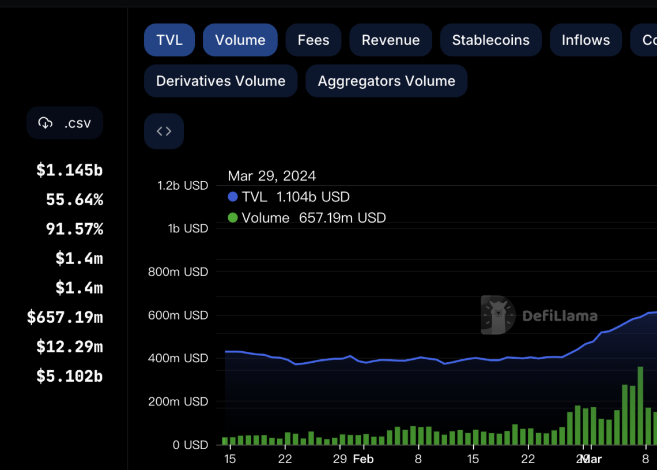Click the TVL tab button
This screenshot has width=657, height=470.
(169, 40)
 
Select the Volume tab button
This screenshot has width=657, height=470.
(240, 40)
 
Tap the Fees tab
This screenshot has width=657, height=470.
(314, 40)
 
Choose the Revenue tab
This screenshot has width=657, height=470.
(391, 40)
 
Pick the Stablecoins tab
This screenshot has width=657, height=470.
(490, 40)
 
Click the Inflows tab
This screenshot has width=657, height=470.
(586, 40)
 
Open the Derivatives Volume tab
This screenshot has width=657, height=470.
(221, 81)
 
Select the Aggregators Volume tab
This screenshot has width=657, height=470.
(386, 81)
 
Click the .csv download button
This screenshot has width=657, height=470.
(65, 123)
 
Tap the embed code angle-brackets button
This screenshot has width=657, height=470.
(164, 131)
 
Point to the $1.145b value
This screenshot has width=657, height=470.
(69, 170)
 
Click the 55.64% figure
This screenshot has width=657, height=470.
(74, 200)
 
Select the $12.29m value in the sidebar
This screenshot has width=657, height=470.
(69, 347)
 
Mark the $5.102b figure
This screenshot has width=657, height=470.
(69, 376)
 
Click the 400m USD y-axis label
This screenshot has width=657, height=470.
(178, 358)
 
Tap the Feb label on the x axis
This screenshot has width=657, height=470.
(363, 459)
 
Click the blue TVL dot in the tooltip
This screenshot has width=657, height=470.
(233, 197)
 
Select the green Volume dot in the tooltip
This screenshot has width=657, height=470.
(233, 218)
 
